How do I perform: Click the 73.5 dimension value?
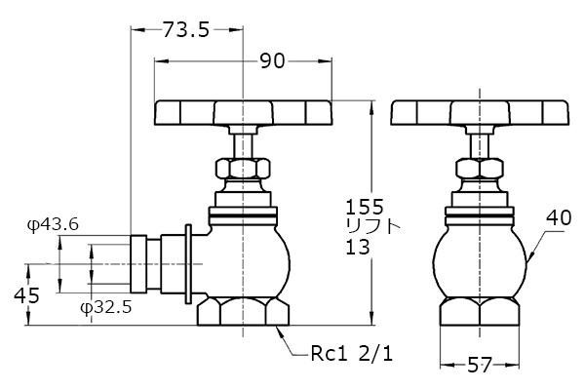(x=186, y=30)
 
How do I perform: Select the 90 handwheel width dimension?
(x=272, y=60)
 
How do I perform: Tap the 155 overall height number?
(x=365, y=207)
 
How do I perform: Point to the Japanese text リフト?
(x=372, y=226)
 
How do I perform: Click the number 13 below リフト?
(x=358, y=247)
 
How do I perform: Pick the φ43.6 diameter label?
(x=53, y=224)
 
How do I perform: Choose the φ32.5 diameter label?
(x=106, y=307)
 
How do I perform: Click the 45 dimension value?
(x=26, y=296)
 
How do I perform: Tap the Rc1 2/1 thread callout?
(x=352, y=353)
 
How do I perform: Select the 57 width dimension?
(x=480, y=365)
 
